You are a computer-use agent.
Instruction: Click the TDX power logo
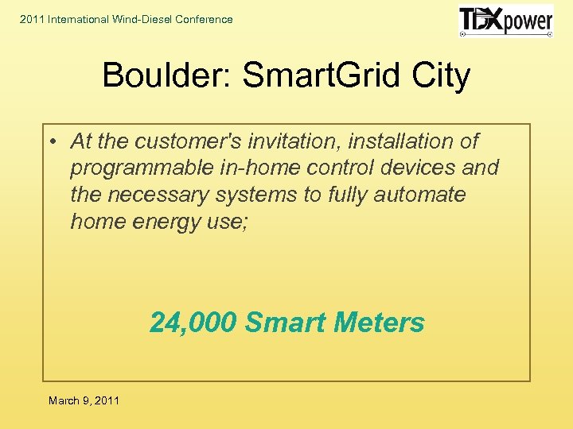505,21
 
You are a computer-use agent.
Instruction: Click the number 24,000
193,323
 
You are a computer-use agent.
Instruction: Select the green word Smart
286,323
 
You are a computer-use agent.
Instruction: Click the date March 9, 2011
84,400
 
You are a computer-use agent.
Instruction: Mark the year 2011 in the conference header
33,19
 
